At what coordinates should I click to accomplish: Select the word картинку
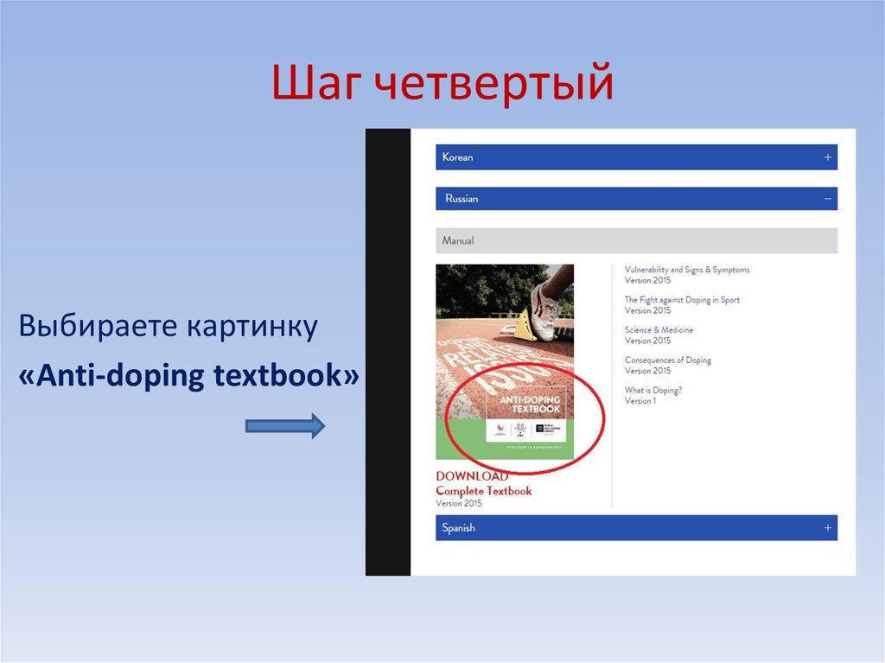pos(250,328)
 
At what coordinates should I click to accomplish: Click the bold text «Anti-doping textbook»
pos(188,378)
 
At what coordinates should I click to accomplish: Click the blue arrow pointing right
pos(285,425)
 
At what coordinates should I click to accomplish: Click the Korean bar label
pos(457,157)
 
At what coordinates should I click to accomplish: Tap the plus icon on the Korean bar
pos(827,157)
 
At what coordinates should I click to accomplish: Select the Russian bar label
pos(462,199)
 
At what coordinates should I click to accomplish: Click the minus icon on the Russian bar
pos(827,199)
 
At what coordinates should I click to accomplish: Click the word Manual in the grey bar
pos(458,240)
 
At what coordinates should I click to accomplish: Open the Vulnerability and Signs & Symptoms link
pos(687,270)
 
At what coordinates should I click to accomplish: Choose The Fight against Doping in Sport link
pos(682,300)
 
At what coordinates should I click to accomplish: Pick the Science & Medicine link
pos(659,330)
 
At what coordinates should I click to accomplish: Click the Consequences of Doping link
pos(668,360)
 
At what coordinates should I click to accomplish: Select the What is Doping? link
pos(653,391)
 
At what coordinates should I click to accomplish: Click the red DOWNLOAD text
pos(471,476)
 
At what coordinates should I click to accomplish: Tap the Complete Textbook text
pos(483,491)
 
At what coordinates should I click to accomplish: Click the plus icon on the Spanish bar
pos(827,527)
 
